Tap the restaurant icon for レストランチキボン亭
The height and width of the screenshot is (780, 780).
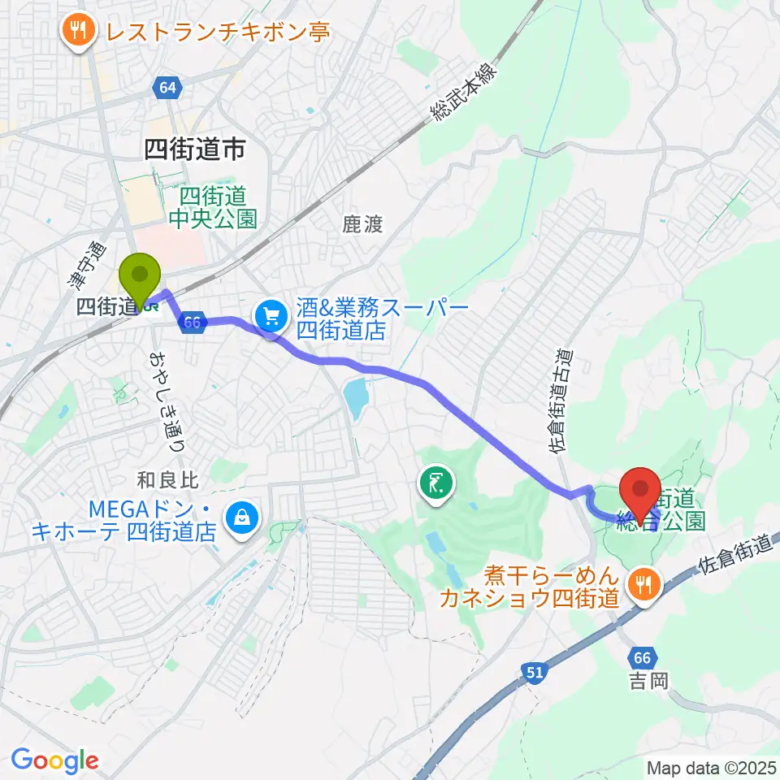(x=78, y=32)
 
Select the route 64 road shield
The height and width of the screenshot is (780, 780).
(x=167, y=87)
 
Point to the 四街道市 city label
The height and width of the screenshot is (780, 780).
(x=194, y=148)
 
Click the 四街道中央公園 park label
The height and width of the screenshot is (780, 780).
(x=214, y=207)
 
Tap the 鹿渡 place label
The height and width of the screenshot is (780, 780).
(x=362, y=224)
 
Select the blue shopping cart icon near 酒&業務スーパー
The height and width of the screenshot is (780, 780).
(x=270, y=315)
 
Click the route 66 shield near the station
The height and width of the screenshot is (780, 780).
(x=192, y=322)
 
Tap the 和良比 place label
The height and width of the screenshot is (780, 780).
(x=167, y=481)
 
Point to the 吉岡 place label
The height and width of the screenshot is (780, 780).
(x=648, y=679)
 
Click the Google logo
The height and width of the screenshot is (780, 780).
(x=54, y=760)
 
